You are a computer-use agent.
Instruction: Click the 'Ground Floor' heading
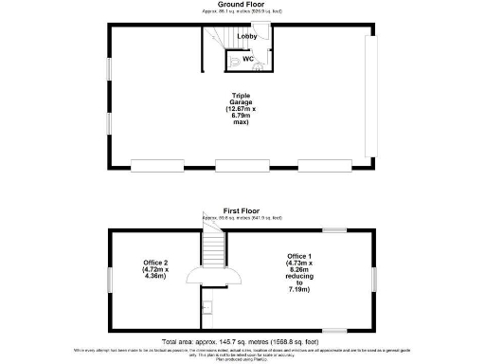pyautogui.click(x=242, y=5)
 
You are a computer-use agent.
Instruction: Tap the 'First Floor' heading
pyautogui.click(x=242, y=211)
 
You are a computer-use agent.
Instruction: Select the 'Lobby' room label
pyautogui.click(x=246, y=37)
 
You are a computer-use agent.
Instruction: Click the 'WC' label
pyautogui.click(x=247, y=59)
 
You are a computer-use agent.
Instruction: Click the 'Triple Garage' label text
pyautogui.click(x=242, y=107)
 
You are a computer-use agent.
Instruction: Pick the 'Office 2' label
pyautogui.click(x=153, y=269)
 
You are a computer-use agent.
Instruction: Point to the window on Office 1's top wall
pyautogui.click(x=334, y=229)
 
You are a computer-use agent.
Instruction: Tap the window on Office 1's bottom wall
pyautogui.click(x=334, y=329)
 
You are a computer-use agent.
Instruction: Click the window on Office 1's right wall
pyautogui.click(x=375, y=280)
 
